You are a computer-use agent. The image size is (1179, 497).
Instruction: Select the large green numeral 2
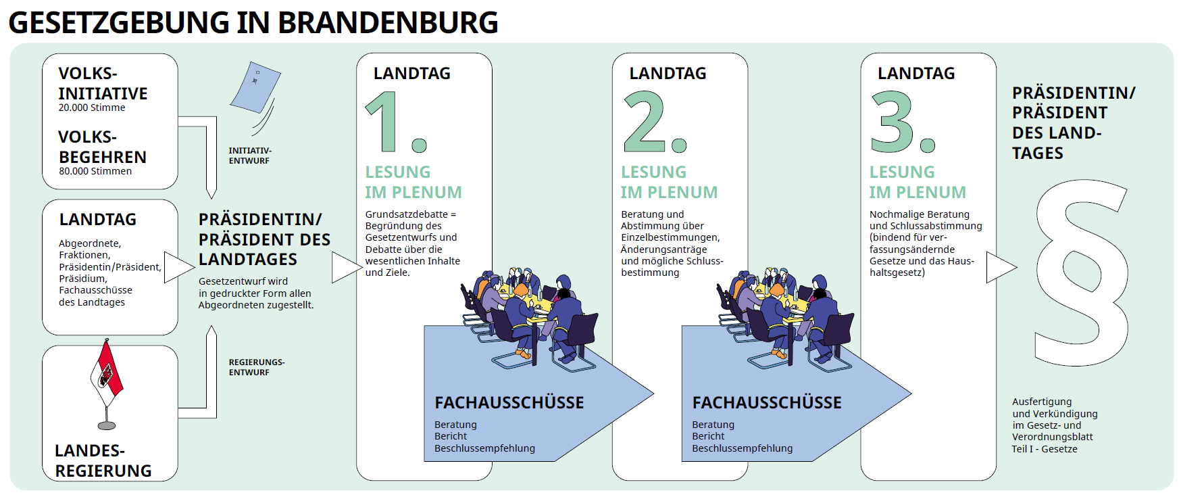(645, 122)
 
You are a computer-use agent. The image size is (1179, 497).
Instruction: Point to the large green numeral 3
(893, 122)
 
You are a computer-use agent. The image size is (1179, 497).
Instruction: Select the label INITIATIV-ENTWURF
(249, 156)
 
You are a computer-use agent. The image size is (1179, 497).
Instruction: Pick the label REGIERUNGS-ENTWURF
(256, 367)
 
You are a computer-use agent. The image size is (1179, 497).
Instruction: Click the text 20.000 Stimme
(92, 108)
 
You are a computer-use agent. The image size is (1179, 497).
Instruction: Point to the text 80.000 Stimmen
(95, 171)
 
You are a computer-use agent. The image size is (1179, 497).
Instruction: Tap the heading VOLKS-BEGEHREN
(101, 147)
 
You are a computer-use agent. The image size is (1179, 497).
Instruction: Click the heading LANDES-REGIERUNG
(103, 460)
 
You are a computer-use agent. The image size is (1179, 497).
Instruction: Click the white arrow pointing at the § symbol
(999, 267)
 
